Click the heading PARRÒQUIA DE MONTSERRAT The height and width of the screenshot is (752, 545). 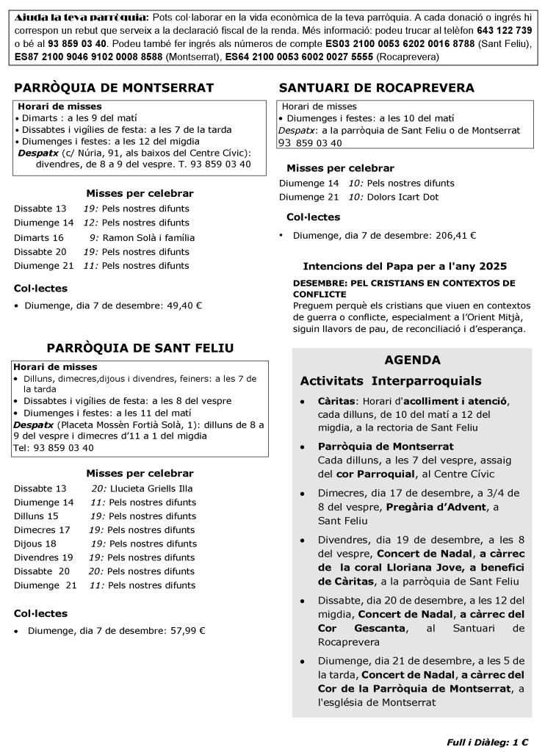coord(114,88)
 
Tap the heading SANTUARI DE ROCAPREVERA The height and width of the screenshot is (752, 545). coord(377,88)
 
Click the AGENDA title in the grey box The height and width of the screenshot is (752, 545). coord(412,361)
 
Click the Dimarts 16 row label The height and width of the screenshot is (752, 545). coord(38,238)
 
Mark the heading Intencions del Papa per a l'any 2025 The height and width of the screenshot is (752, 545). coord(405,267)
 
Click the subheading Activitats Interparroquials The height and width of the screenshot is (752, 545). coord(391,381)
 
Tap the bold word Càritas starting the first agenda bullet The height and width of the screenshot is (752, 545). coord(337,402)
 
